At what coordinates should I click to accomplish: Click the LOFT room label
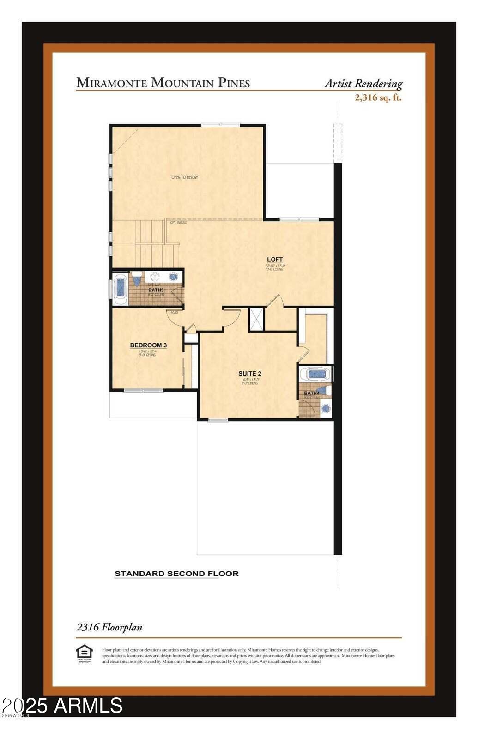(x=275, y=260)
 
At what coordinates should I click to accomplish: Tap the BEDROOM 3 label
(x=148, y=345)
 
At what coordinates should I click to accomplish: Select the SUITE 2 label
(x=250, y=374)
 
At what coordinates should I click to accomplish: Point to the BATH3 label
(x=156, y=290)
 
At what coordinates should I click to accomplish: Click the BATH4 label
(x=312, y=393)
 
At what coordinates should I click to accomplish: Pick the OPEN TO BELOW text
(x=185, y=177)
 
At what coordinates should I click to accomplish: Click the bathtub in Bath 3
(x=121, y=287)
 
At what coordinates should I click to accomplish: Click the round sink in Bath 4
(x=326, y=408)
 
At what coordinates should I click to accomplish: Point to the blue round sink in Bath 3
(x=174, y=277)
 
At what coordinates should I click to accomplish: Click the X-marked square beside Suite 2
(x=256, y=319)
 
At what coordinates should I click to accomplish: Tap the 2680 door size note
(x=174, y=313)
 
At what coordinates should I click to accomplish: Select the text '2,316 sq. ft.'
(x=378, y=97)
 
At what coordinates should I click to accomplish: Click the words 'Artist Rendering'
(x=363, y=84)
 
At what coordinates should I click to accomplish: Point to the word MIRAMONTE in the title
(x=112, y=83)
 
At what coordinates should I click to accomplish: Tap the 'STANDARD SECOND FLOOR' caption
(x=176, y=574)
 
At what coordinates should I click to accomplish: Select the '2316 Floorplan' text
(x=109, y=627)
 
